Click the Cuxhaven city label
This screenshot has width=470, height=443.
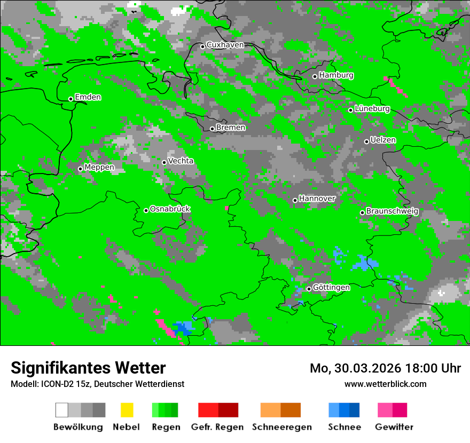(x=225, y=45)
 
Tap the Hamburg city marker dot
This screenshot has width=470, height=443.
(x=315, y=76)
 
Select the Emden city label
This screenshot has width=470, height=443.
(x=88, y=97)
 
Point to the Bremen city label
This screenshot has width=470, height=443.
(x=231, y=128)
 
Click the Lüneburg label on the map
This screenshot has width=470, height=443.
(x=372, y=108)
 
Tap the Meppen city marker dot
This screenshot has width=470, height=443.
(x=80, y=169)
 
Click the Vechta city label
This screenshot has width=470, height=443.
(x=181, y=161)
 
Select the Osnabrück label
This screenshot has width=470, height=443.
(x=170, y=209)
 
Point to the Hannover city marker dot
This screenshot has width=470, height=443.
(x=295, y=200)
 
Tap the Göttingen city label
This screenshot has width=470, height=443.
(x=331, y=287)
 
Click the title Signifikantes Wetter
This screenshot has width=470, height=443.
(x=88, y=368)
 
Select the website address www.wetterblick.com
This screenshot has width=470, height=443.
(x=385, y=384)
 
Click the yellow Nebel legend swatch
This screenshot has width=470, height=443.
(x=127, y=410)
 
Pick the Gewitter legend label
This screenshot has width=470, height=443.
(x=394, y=427)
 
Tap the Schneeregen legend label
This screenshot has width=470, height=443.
(x=281, y=427)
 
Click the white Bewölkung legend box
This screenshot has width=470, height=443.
(x=61, y=410)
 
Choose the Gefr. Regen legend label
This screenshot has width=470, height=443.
(x=217, y=427)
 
